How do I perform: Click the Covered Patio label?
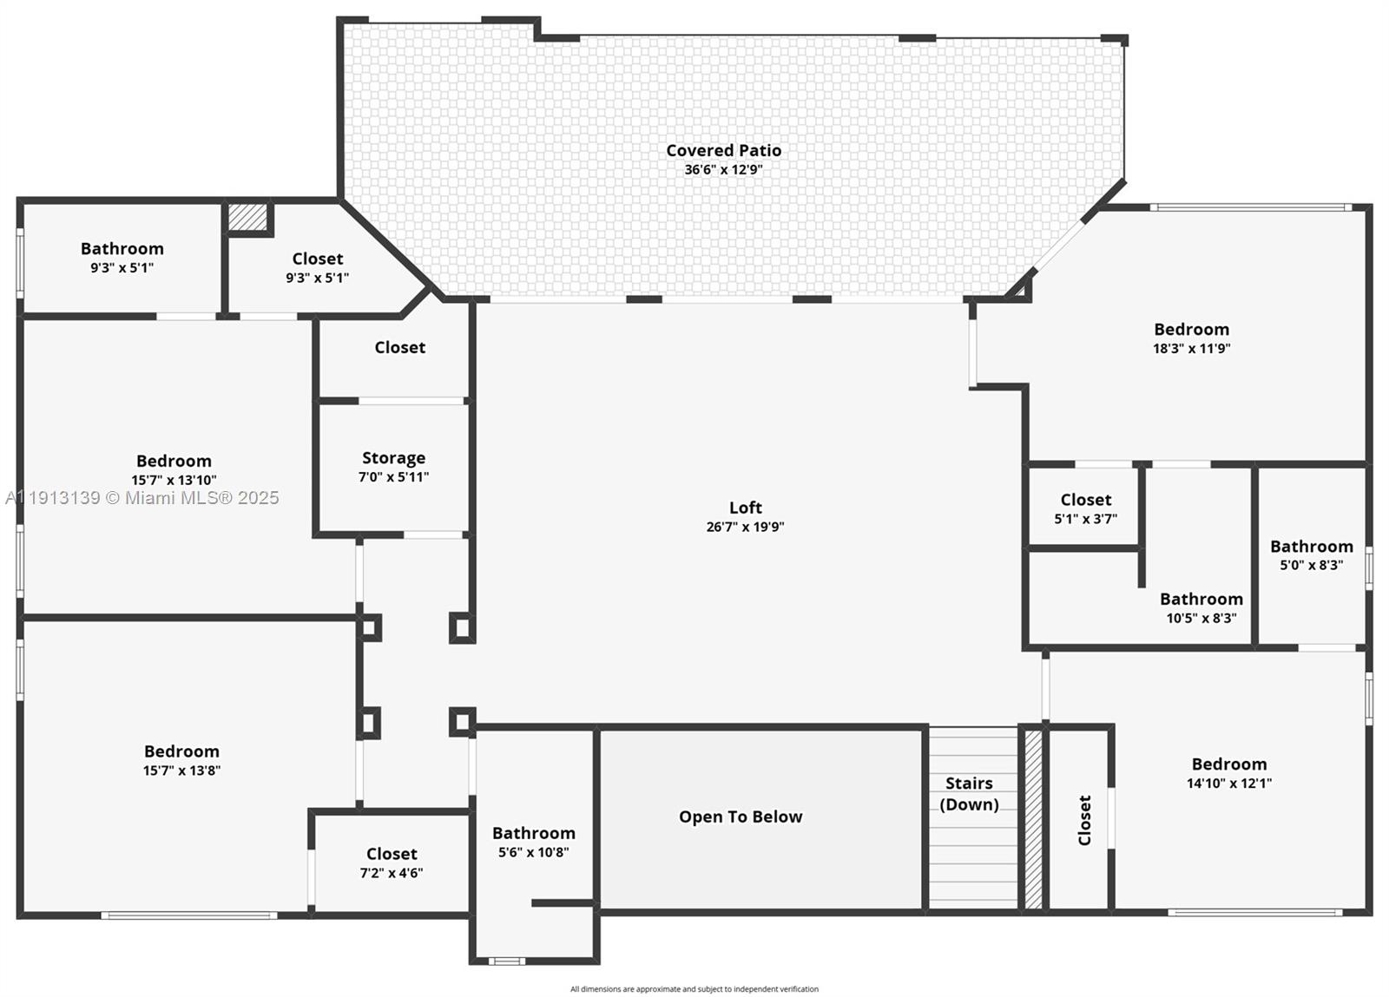coord(723,150)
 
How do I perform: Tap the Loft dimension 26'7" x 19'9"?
coord(745,527)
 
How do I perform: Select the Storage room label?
coord(393,458)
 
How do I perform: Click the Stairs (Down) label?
coord(969,793)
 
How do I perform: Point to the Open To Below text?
coord(741,817)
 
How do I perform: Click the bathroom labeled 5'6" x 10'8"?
coord(533,842)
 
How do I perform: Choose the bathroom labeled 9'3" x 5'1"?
coord(122,257)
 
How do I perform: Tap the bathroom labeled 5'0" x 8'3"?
coord(1311,554)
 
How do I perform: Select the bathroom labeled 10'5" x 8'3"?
coord(1201,607)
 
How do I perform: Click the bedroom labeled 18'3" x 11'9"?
coord(1191,338)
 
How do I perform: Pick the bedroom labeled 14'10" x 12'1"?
coord(1228,772)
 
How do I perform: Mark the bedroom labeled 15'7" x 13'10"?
coord(174,469)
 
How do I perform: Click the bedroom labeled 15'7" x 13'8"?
coord(181,760)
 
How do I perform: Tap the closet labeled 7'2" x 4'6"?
coord(392,863)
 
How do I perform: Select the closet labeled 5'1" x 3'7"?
coord(1085,508)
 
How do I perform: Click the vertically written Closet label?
coord(1084,820)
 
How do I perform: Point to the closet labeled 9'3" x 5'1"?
coord(317,267)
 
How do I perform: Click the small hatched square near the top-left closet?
coord(248,217)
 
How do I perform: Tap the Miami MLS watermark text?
coord(142,497)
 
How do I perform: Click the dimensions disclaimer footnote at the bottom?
coord(694,989)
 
